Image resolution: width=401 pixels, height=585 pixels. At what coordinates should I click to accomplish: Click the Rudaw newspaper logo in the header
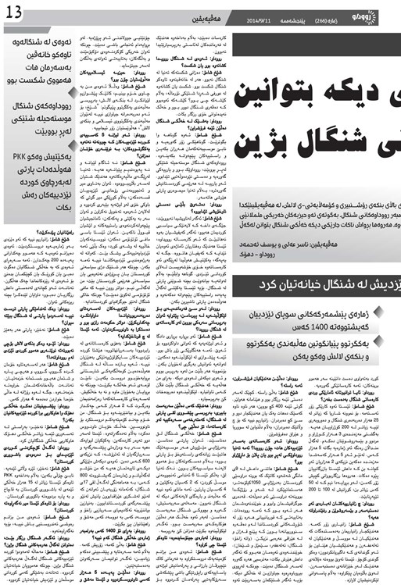pos(378,14)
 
